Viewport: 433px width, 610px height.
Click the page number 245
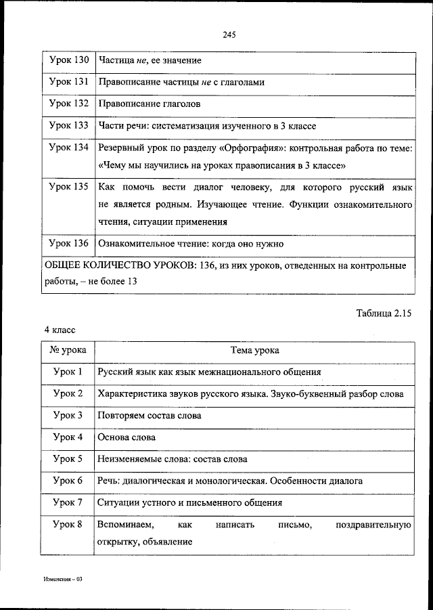pyautogui.click(x=228, y=35)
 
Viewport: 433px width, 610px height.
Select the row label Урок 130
pyautogui.click(x=69, y=61)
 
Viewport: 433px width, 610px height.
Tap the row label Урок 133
pyautogui.click(x=69, y=125)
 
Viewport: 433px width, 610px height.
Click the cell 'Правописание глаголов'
pyautogui.click(x=149, y=104)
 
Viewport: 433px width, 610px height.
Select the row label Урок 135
pyautogui.click(x=69, y=186)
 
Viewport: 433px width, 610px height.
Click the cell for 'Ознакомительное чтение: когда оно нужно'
pyautogui.click(x=190, y=243)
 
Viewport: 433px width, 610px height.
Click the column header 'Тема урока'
pyautogui.click(x=254, y=351)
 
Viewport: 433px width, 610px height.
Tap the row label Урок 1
pyautogui.click(x=68, y=372)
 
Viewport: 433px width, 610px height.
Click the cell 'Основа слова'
pyautogui.click(x=126, y=437)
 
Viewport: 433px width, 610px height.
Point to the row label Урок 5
pyautogui.click(x=68, y=458)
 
